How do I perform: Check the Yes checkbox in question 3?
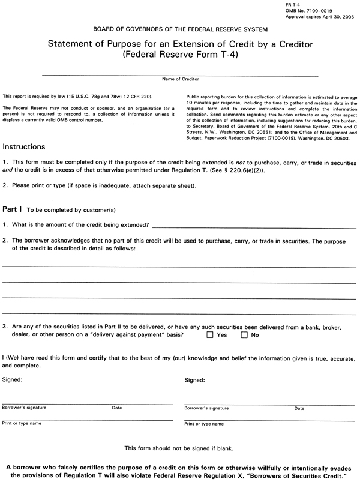pyautogui.click(x=210, y=335)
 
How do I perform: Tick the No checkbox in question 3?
pyautogui.click(x=244, y=335)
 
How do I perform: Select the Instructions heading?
pyautogui.click(x=24, y=146)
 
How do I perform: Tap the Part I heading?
pyautogui.click(x=13, y=209)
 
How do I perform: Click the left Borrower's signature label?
pyautogui.click(x=24, y=408)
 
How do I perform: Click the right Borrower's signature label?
pyautogui.click(x=206, y=408)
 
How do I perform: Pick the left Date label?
pyautogui.click(x=117, y=408)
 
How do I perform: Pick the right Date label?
pyautogui.click(x=299, y=408)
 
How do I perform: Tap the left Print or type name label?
pyautogui.click(x=22, y=423)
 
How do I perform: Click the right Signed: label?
pyautogui.click(x=195, y=380)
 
